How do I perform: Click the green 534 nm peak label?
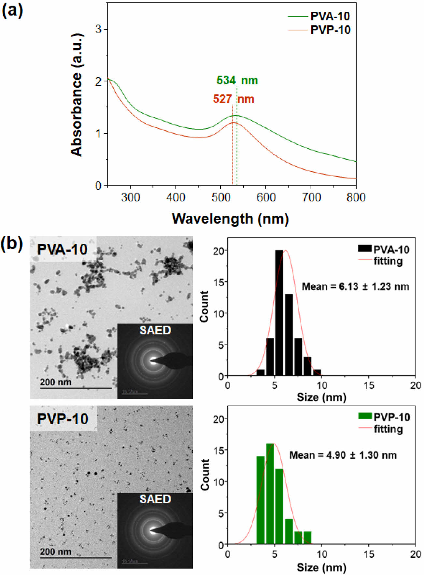click(x=237, y=80)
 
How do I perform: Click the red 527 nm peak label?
click(x=233, y=99)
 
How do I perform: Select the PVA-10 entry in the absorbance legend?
click(x=330, y=16)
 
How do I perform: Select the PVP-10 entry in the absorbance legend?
click(x=330, y=30)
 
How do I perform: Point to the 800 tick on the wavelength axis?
click(x=356, y=197)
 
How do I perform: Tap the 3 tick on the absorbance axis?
click(x=98, y=29)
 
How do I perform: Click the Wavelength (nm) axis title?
click(x=230, y=219)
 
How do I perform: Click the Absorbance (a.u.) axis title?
click(x=77, y=94)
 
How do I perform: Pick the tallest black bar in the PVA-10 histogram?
click(x=279, y=313)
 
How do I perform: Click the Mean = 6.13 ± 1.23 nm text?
click(x=355, y=287)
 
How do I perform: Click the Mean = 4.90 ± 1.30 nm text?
click(x=343, y=455)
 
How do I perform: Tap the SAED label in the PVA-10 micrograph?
click(x=155, y=330)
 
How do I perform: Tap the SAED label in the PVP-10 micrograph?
click(x=155, y=499)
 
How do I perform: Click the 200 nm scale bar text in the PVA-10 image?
click(x=56, y=382)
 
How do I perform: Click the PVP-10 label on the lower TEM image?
click(x=63, y=419)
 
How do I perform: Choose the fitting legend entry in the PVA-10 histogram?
click(x=388, y=261)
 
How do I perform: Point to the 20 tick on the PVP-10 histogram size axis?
click(x=415, y=554)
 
